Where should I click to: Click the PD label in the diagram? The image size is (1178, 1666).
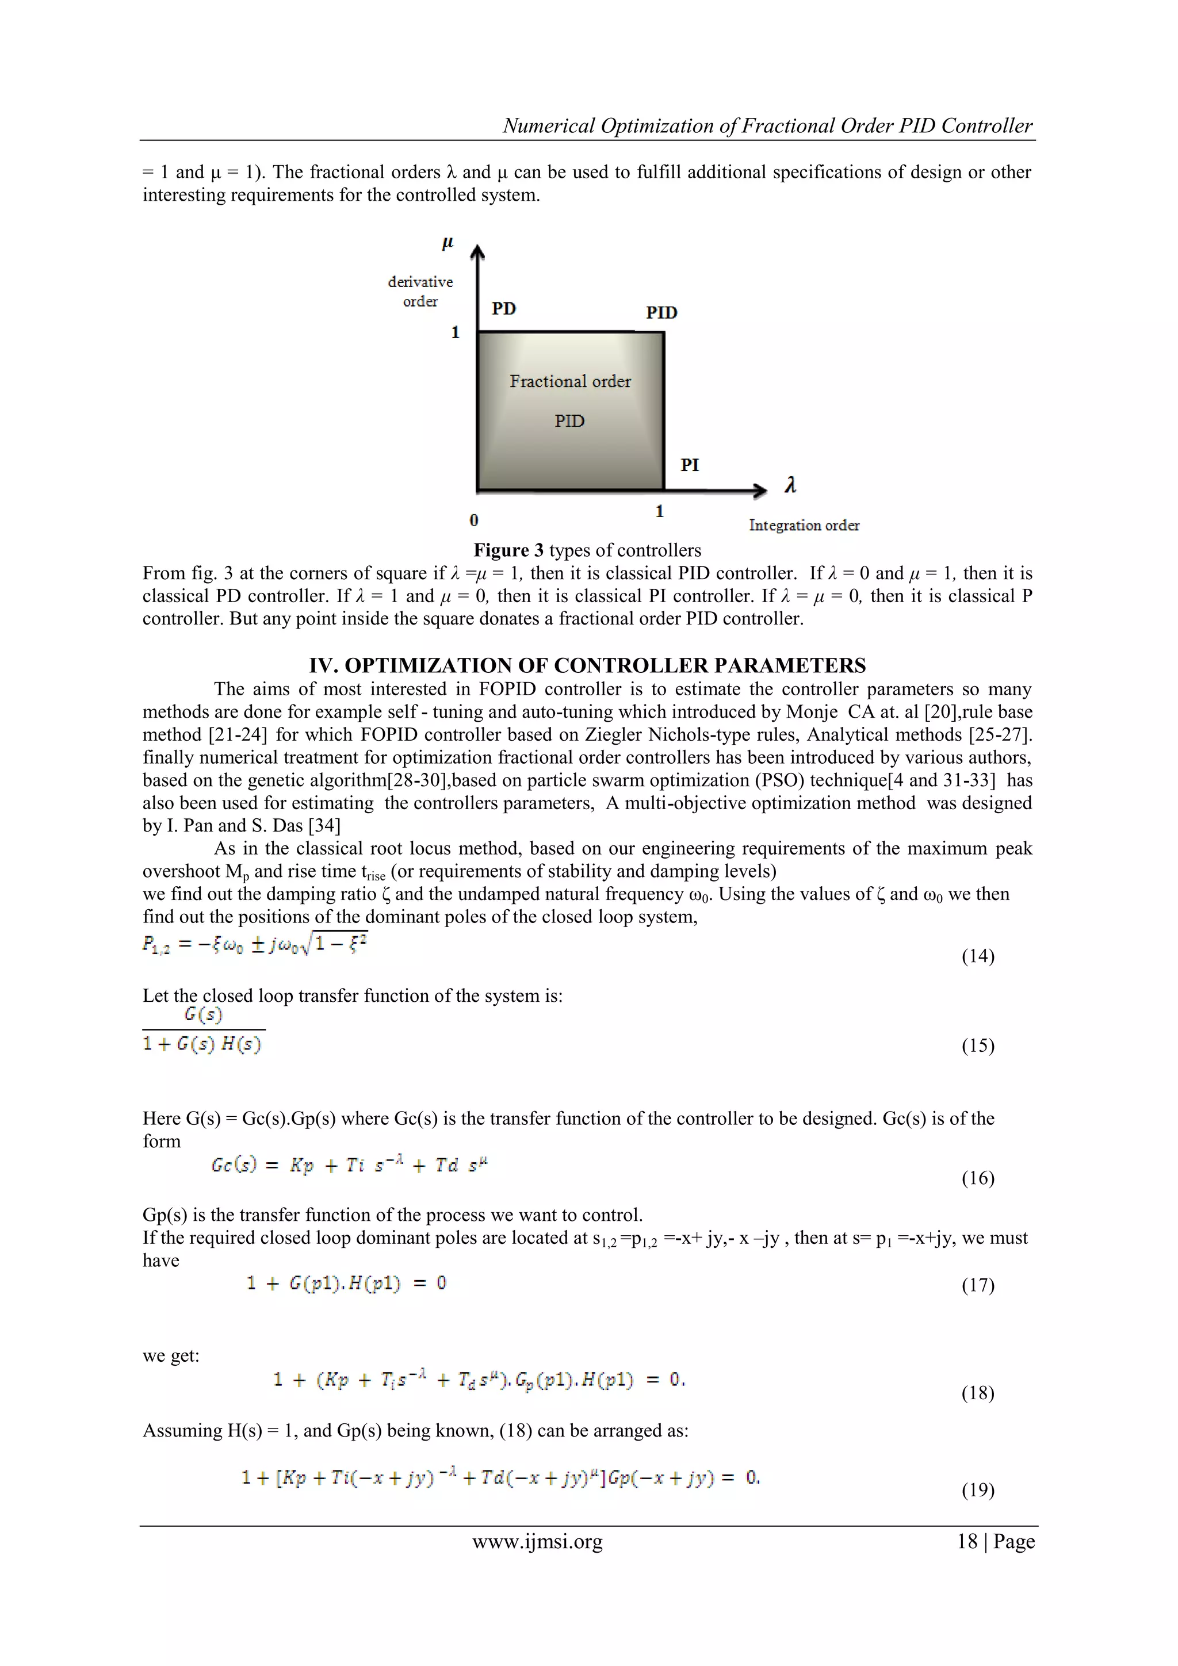tap(504, 308)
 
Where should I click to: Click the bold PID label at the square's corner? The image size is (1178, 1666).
tap(661, 313)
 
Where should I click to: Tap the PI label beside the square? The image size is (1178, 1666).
tap(690, 465)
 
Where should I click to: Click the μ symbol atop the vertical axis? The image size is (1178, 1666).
tap(448, 244)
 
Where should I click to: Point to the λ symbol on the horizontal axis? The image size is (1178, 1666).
tap(790, 485)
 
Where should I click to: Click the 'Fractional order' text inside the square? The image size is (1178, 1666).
tap(570, 381)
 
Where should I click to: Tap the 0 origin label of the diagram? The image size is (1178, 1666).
tap(474, 520)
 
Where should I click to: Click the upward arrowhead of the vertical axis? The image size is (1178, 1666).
tap(477, 251)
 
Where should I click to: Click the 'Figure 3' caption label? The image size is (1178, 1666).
tap(508, 550)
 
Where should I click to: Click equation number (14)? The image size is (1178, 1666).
tap(978, 956)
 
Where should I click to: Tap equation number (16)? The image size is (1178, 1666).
tap(978, 1178)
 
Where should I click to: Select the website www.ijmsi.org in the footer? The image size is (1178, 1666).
tap(537, 1541)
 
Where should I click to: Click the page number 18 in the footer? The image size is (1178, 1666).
tap(967, 1541)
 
